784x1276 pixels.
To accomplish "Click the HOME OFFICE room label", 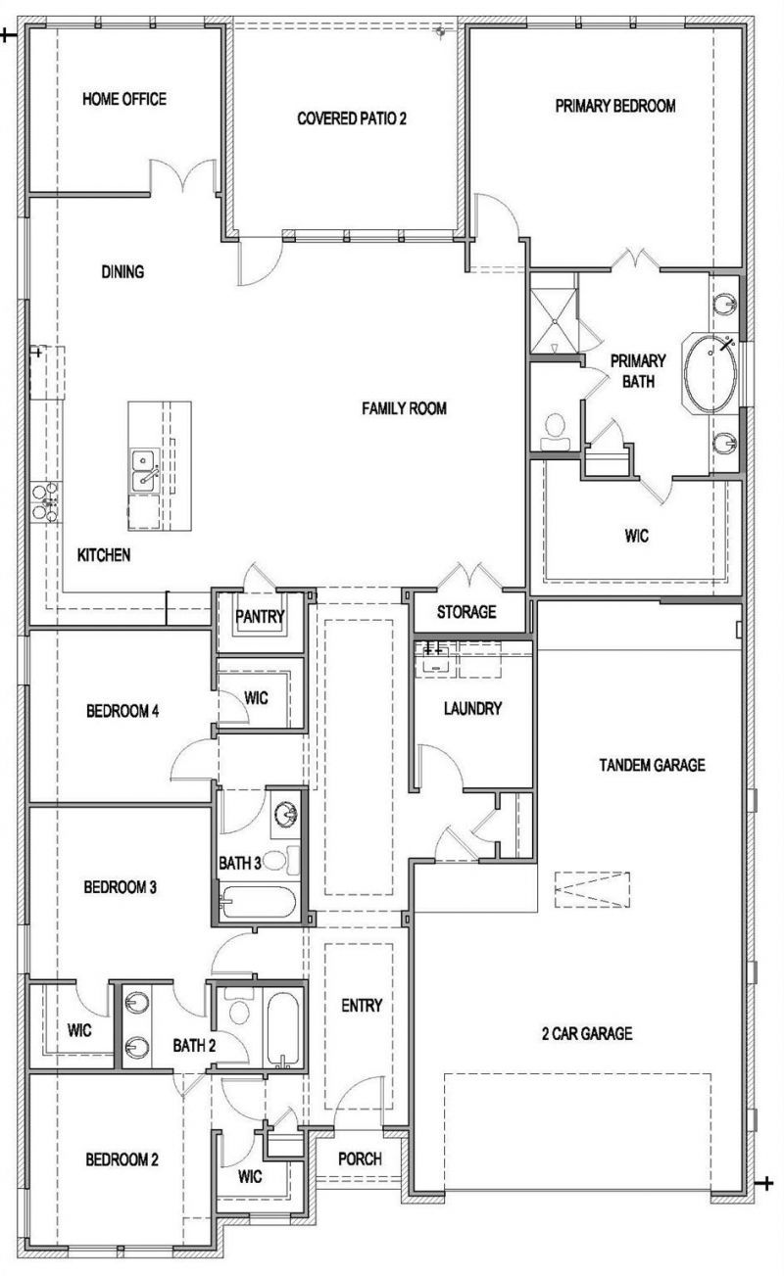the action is pyautogui.click(x=124, y=99).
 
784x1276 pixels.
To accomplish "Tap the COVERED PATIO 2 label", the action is pyautogui.click(x=352, y=118).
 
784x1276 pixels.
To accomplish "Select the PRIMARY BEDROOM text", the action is pyautogui.click(x=615, y=106).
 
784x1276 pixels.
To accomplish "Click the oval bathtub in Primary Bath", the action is pyautogui.click(x=710, y=373).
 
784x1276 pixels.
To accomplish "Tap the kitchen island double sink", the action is pyautogui.click(x=145, y=470).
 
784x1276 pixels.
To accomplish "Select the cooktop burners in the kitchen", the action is pyautogui.click(x=45, y=502).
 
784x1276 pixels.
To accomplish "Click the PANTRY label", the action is pyautogui.click(x=260, y=616).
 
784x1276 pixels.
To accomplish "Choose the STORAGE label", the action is pyautogui.click(x=466, y=612).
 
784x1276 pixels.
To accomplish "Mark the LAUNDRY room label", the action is pyautogui.click(x=472, y=708).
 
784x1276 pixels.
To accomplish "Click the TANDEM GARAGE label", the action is pyautogui.click(x=653, y=765).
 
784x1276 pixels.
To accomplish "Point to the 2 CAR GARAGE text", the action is pyautogui.click(x=587, y=1033).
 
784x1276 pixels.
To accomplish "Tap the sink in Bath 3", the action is pyautogui.click(x=285, y=813).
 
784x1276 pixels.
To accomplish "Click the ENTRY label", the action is pyautogui.click(x=362, y=1006).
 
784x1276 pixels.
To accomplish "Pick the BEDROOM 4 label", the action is pyautogui.click(x=122, y=711).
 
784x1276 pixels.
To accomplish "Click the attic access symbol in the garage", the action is pyautogui.click(x=593, y=889).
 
